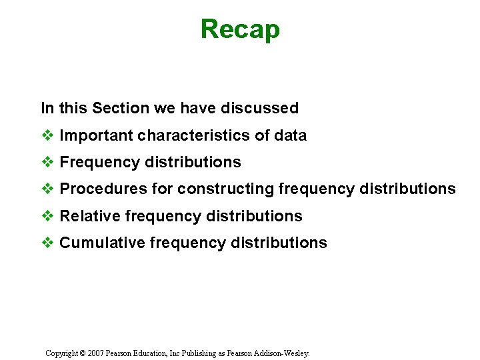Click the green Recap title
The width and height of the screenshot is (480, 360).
240,30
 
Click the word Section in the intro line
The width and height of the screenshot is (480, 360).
117,108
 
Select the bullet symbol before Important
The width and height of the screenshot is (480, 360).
47,136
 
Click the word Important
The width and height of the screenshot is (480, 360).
96,136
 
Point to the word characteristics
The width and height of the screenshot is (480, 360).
193,136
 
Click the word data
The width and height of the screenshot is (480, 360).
290,136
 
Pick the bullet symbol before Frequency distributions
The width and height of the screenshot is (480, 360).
47,163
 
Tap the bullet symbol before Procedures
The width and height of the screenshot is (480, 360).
47,189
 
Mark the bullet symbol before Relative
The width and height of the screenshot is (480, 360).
47,216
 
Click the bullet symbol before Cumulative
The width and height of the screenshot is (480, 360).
47,243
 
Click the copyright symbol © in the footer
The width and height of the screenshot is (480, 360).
83,353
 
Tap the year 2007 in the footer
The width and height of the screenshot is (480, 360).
96,353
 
